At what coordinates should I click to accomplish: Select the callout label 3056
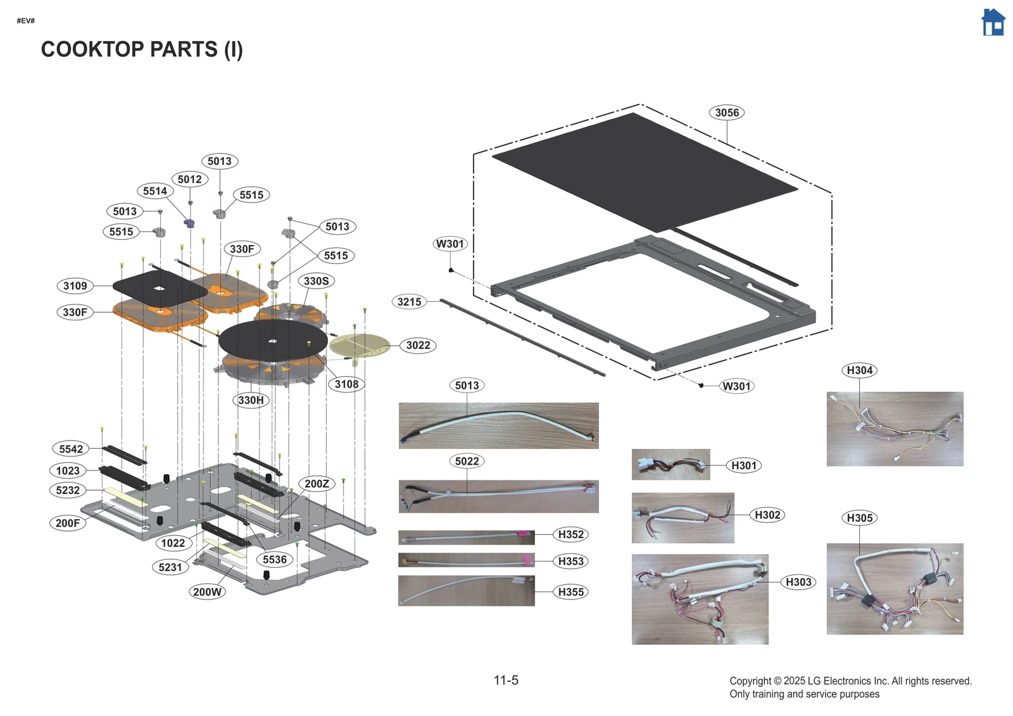coord(726,113)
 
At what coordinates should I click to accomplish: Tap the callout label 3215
coord(409,302)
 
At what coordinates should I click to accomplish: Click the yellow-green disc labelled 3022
coord(359,345)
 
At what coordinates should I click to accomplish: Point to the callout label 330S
coord(316,281)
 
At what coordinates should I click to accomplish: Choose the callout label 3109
coord(75,286)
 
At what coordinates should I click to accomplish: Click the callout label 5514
coord(155,191)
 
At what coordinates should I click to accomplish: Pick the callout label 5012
coord(189,179)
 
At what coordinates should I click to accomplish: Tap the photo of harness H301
coord(670,465)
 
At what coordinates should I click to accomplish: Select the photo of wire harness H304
coord(895,429)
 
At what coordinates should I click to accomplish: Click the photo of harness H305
coord(895,589)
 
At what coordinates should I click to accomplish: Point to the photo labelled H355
coord(466,591)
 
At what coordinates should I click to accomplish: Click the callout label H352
coord(570,534)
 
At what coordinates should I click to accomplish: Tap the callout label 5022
coord(467,462)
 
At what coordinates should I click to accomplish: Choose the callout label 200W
coord(207,592)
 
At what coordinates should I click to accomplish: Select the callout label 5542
coord(71,449)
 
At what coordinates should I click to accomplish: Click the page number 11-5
coord(506,681)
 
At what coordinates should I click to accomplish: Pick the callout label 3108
coord(346,384)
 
